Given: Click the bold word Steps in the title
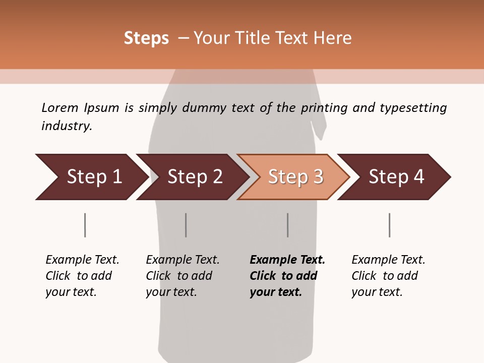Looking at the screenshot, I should click(146, 38).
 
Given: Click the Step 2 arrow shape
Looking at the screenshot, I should click(194, 176).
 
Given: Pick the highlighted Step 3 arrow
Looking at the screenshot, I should click(294, 176).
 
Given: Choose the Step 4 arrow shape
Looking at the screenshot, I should click(395, 176).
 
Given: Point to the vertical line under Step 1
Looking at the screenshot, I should click(85, 225).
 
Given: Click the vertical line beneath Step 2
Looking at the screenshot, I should click(186, 225).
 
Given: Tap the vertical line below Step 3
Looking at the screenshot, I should click(288, 225).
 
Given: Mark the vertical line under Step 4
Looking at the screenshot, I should click(390, 225).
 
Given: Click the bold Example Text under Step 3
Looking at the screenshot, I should click(287, 276).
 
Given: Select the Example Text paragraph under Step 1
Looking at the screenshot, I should click(82, 276).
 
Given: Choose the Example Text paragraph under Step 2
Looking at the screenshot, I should click(183, 276).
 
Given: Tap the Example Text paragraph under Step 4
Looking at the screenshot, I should click(388, 276).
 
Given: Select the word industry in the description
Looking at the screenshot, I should click(66, 126).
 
